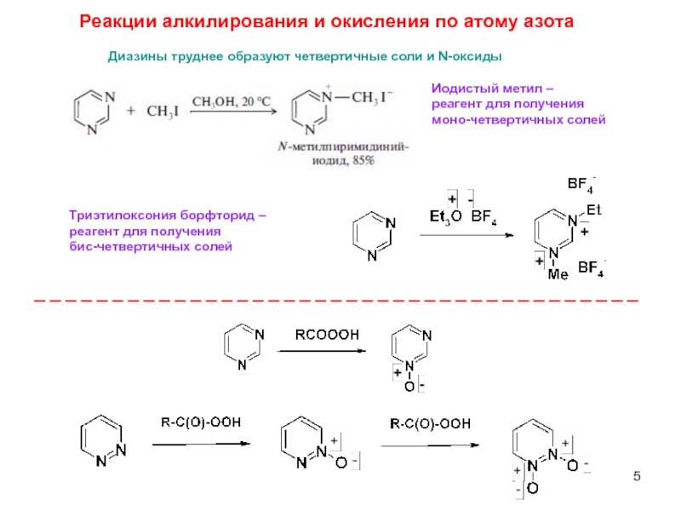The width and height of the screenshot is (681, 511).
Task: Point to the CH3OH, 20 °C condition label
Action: tap(231, 101)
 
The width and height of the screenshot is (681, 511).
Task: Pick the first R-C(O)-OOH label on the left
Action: tap(201, 422)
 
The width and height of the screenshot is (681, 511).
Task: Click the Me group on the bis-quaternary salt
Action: tap(558, 274)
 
